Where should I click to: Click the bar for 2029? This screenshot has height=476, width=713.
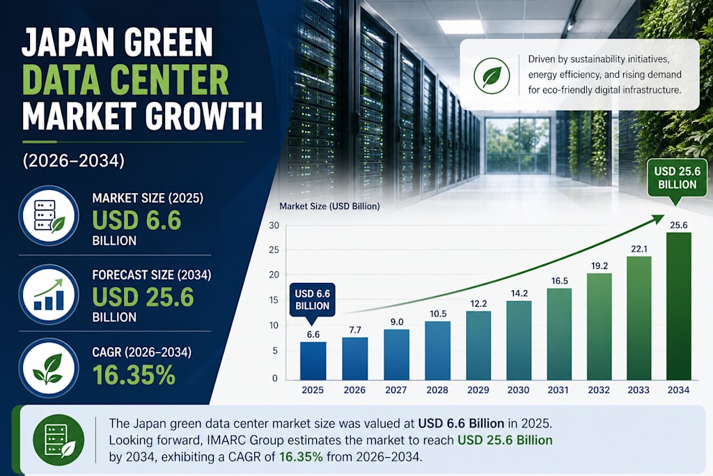[479, 346]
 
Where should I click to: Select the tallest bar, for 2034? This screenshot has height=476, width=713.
[679, 306]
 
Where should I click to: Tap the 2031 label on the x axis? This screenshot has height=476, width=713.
[558, 390]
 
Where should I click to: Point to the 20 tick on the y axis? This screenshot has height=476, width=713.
[274, 275]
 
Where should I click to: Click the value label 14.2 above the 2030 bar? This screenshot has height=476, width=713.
[519, 293]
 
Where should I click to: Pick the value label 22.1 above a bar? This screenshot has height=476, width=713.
[639, 249]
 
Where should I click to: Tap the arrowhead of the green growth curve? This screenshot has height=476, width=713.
[657, 219]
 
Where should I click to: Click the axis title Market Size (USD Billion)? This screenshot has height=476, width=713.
[329, 206]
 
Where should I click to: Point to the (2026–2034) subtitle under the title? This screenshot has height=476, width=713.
[74, 160]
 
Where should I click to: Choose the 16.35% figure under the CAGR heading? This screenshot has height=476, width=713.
[134, 375]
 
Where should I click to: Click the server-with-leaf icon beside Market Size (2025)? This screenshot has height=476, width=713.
[49, 216]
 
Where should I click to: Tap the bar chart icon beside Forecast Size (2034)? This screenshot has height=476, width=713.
[49, 294]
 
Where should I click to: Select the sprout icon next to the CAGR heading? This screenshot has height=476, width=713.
[49, 368]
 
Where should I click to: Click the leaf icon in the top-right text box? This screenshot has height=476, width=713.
[492, 75]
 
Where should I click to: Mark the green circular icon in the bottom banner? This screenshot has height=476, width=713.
[58, 440]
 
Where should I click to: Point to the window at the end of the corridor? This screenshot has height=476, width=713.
[518, 146]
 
